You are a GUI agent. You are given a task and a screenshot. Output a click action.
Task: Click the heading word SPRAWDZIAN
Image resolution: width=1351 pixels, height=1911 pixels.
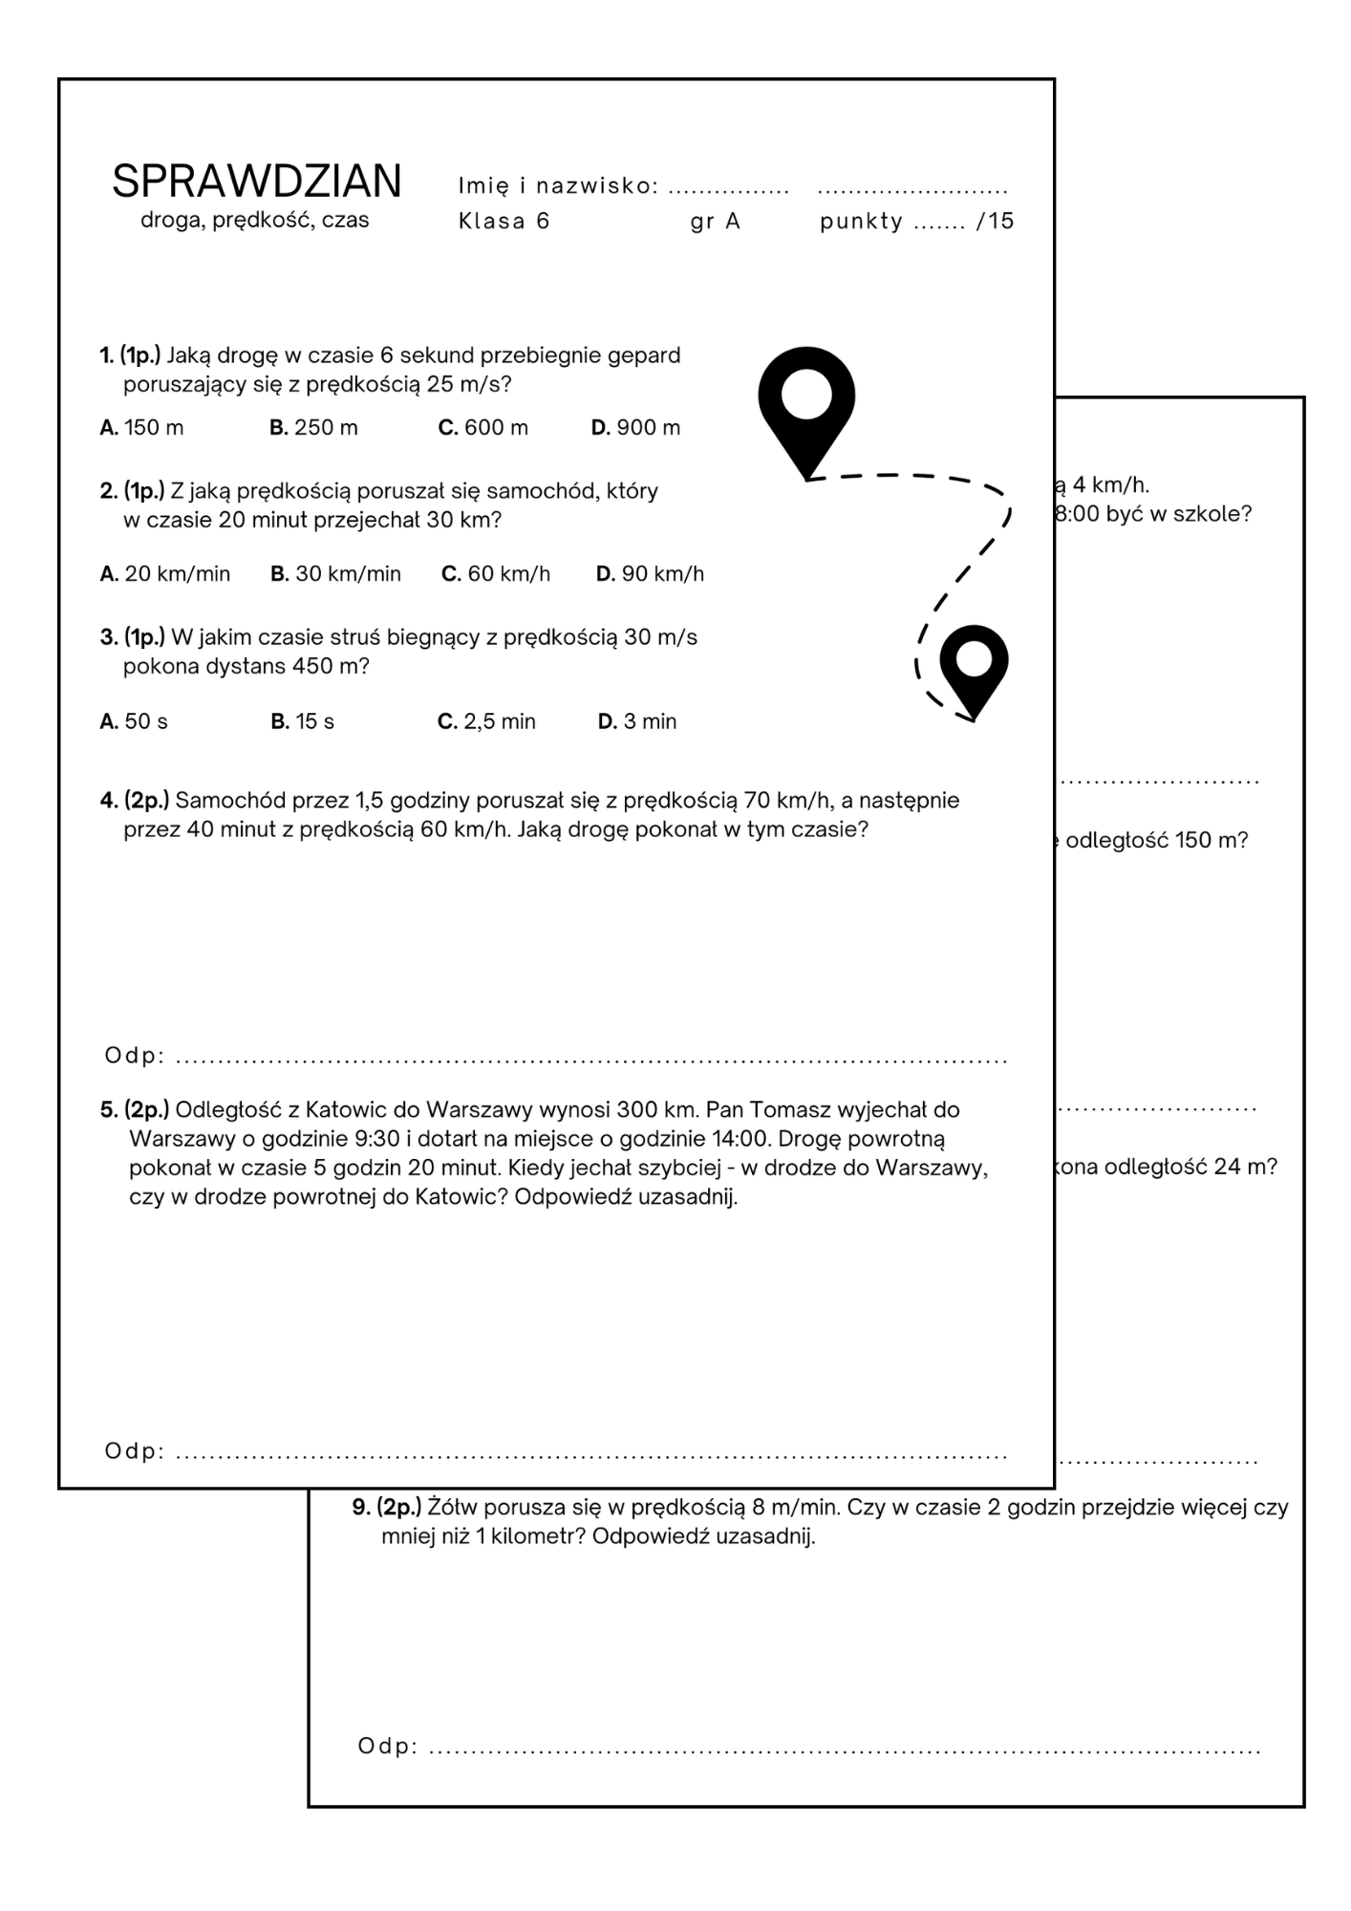click(x=256, y=181)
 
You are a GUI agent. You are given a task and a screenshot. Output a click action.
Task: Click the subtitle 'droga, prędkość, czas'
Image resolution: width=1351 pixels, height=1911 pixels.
click(x=254, y=220)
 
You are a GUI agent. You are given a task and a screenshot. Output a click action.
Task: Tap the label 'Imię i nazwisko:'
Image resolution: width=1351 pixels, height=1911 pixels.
click(x=558, y=185)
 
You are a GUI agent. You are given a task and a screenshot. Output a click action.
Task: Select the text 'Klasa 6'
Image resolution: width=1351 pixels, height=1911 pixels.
click(x=504, y=222)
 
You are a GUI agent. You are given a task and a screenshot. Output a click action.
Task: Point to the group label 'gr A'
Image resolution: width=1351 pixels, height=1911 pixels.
click(x=715, y=222)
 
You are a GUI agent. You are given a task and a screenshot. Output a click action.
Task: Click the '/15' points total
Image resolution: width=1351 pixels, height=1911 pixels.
click(x=996, y=222)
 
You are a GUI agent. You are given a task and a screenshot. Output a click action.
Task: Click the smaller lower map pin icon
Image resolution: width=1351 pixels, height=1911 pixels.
click(x=974, y=666)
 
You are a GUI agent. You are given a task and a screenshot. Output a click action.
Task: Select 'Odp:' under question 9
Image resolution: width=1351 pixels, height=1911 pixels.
click(x=387, y=1746)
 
